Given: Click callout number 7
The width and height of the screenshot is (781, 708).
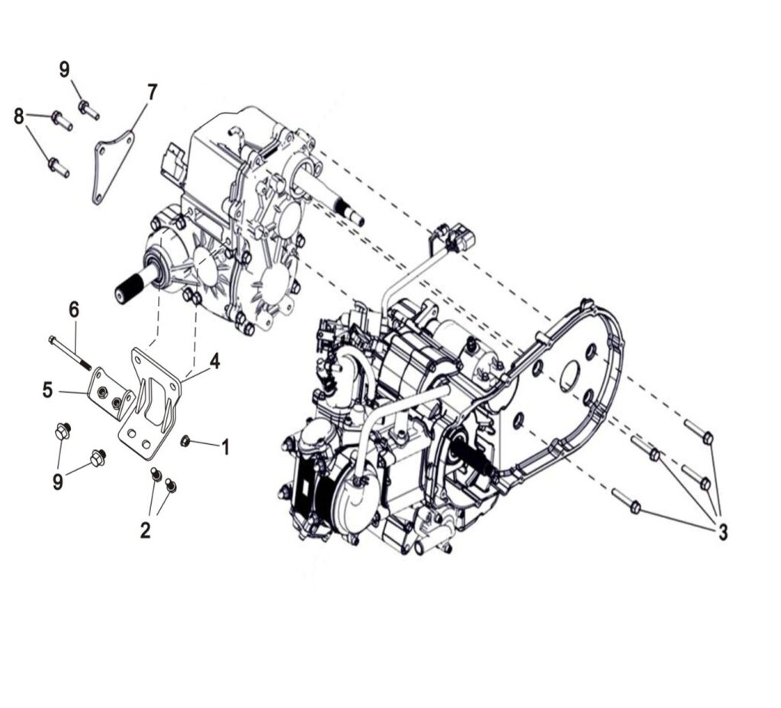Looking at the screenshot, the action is click(x=152, y=92).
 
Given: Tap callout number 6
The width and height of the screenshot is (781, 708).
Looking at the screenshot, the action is click(x=74, y=310).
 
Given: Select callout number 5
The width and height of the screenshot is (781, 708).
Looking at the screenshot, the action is click(x=47, y=390).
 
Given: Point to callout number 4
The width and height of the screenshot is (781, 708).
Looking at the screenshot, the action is click(x=214, y=361).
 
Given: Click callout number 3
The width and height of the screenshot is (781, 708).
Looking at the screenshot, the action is click(x=722, y=532).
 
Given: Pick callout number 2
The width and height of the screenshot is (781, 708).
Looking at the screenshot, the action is click(x=145, y=530).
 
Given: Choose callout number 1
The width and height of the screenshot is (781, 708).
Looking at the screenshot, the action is click(x=226, y=447).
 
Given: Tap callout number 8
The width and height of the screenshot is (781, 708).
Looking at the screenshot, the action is click(x=19, y=117).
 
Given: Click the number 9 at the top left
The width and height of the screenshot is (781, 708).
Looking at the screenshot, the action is click(x=65, y=69).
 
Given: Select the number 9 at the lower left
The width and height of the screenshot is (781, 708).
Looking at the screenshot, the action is click(x=58, y=481).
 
